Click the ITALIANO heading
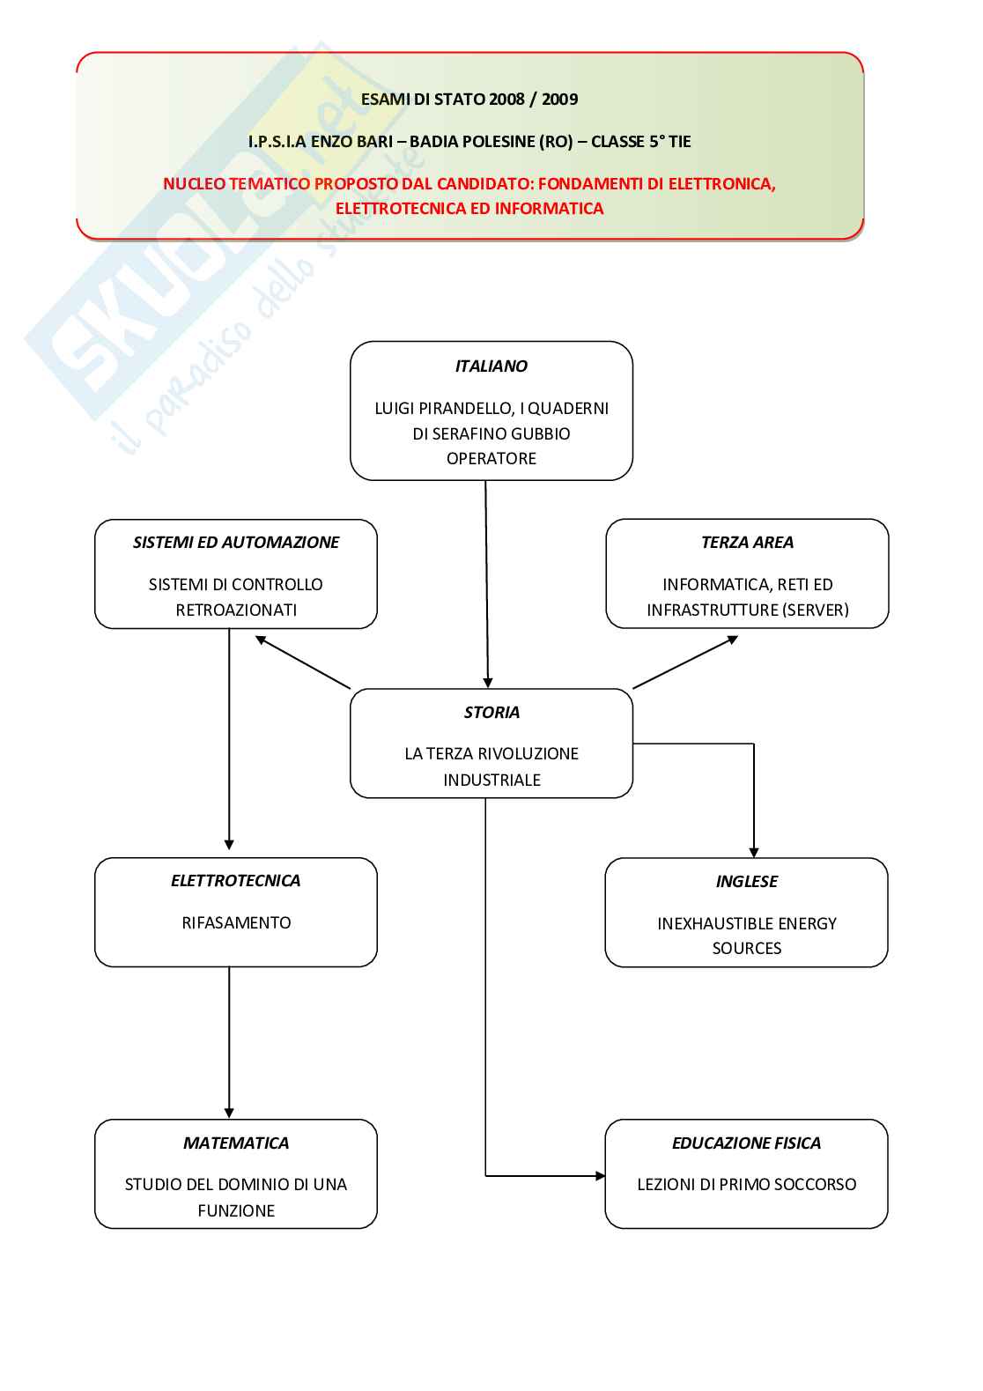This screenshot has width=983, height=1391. click(491, 366)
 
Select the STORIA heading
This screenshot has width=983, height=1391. click(491, 713)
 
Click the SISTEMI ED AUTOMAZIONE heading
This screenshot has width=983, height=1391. click(235, 543)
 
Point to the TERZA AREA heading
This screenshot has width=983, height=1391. click(747, 543)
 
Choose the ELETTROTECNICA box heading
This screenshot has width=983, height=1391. click(235, 881)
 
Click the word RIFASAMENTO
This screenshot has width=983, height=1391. click(236, 923)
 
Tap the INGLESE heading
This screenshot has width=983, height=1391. click(746, 882)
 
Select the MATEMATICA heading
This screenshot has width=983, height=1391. click(235, 1143)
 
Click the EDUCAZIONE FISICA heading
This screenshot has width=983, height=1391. click(746, 1143)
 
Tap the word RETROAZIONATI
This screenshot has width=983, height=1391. click(236, 610)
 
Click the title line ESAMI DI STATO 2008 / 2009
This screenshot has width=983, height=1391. click(469, 100)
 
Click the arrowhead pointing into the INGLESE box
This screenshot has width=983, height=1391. click(754, 852)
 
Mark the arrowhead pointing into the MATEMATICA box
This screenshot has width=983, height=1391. click(229, 1114)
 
